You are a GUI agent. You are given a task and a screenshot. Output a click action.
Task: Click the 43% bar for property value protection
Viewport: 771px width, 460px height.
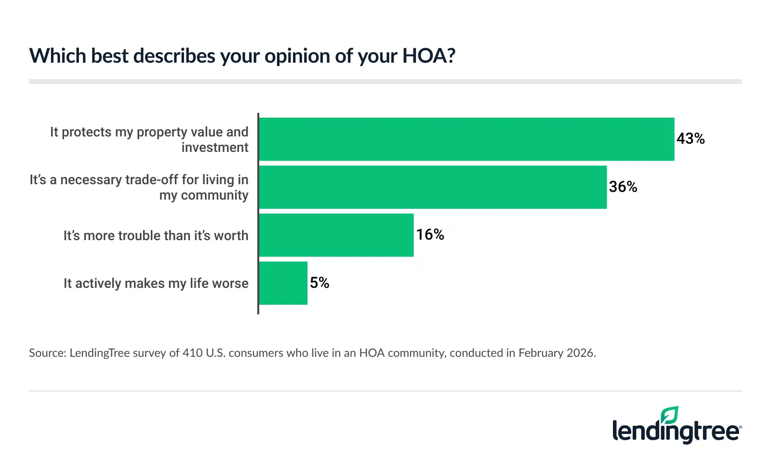(x=466, y=139)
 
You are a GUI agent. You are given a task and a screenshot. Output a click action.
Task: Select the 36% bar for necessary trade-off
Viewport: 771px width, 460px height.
(x=433, y=187)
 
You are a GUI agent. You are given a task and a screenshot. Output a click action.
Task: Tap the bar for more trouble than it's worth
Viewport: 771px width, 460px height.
(x=336, y=235)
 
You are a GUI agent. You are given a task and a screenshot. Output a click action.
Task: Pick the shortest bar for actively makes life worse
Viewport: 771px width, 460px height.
(x=283, y=283)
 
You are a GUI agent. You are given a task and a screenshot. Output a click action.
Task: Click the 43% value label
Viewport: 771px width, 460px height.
(x=690, y=139)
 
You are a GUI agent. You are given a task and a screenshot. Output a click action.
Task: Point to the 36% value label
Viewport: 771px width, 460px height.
(x=623, y=187)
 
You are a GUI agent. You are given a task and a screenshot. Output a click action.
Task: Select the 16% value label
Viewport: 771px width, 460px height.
(x=430, y=235)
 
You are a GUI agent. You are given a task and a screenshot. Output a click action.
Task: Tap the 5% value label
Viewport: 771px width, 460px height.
(x=319, y=283)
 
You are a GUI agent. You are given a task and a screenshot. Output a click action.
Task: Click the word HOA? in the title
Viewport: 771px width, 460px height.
(x=428, y=56)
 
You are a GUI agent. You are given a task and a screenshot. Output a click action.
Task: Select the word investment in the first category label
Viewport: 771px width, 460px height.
(x=215, y=148)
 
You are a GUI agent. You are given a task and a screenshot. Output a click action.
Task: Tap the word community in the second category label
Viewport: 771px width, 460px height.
(x=214, y=195)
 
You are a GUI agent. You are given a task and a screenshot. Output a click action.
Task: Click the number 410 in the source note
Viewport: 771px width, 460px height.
(x=192, y=353)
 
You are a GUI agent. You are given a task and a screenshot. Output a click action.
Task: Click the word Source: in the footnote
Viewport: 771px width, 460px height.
(x=47, y=353)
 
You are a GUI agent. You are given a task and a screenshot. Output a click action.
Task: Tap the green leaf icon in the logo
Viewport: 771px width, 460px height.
(x=669, y=415)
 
